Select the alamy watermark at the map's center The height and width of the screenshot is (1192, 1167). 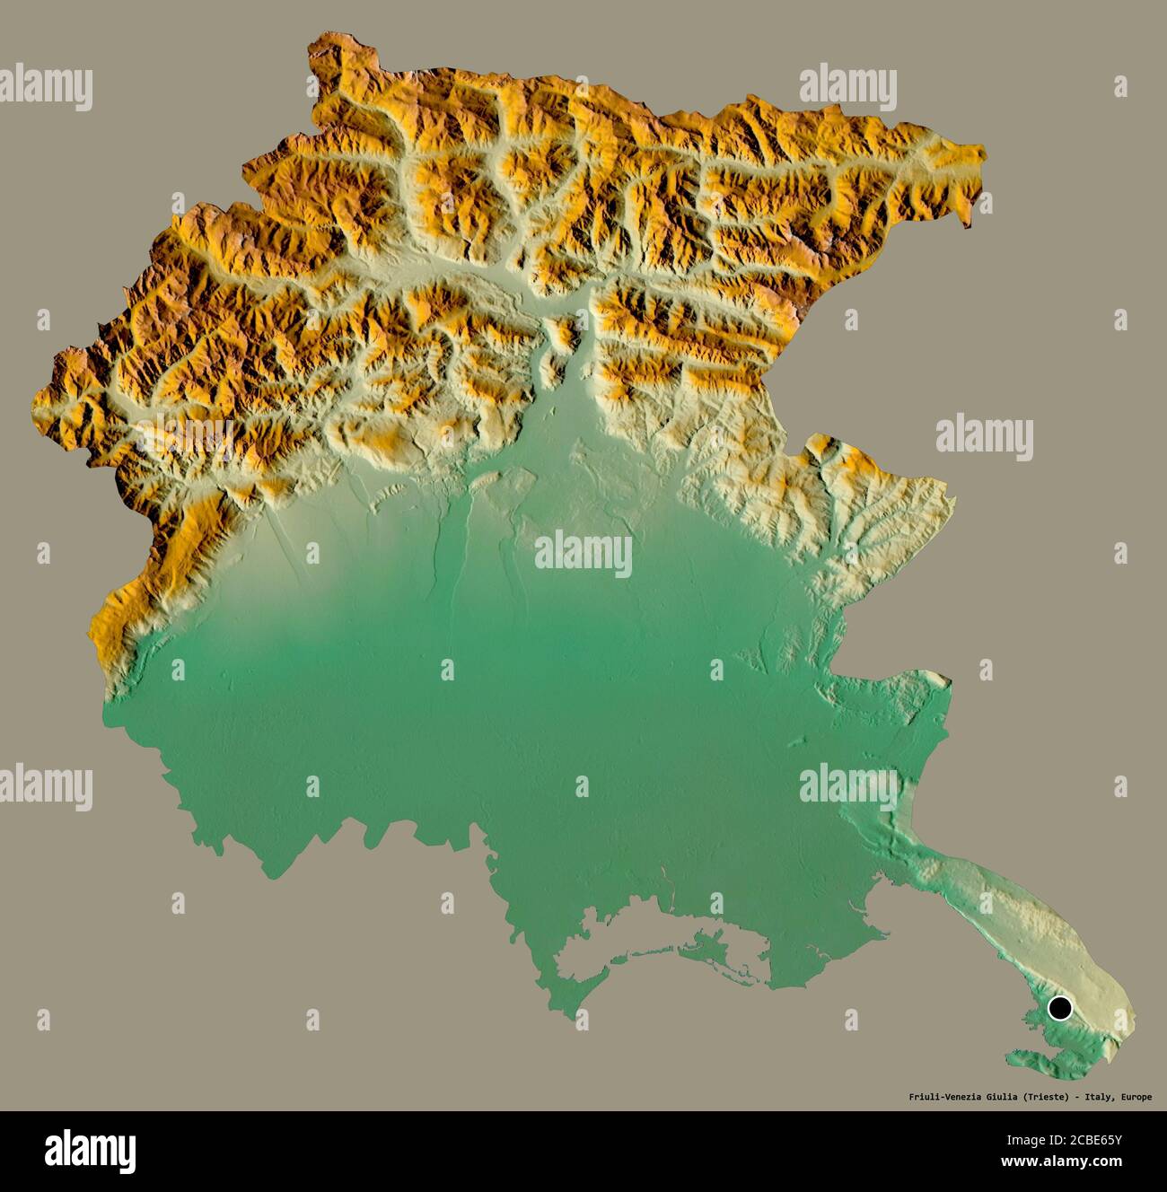click(583, 554)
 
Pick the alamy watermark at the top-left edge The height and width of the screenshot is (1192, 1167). click(45, 87)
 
